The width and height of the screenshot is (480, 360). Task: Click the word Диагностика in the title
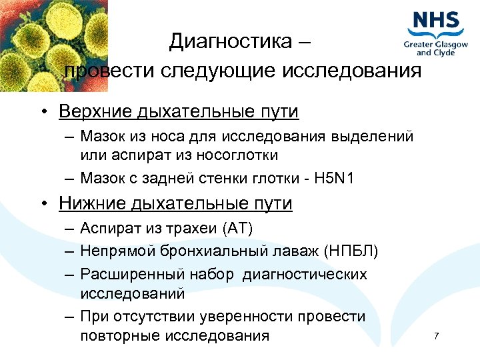[230, 42]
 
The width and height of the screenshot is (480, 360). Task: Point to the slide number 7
[436, 335]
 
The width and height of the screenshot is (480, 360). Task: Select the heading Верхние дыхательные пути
[178, 111]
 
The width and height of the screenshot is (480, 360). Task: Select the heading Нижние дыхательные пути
[175, 203]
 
